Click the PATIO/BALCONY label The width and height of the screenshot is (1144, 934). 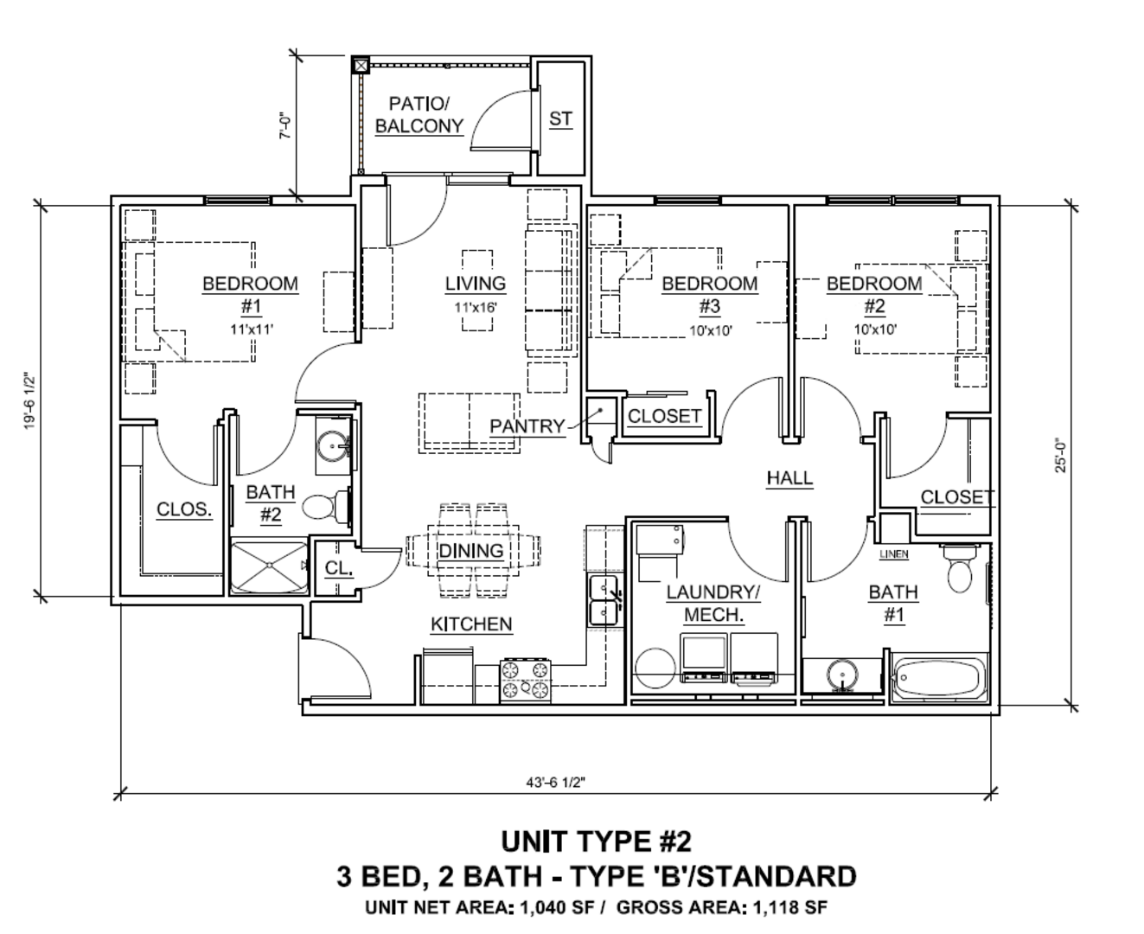coord(419,114)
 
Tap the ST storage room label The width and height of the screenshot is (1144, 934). coord(560,118)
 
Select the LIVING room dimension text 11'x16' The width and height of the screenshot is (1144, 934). coord(476,308)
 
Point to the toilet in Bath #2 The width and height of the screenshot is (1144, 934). coord(326,506)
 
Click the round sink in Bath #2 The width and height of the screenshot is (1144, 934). coord(333,446)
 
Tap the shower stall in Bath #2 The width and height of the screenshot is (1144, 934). coord(270,566)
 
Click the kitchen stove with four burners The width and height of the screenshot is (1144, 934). coord(525,681)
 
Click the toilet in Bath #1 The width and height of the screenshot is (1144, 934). coord(960,568)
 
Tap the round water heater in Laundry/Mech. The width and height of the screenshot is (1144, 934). coord(655,669)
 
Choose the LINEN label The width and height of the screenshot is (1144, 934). coord(893,553)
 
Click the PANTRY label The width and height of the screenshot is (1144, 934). coord(527,426)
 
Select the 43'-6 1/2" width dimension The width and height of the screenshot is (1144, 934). coord(556,782)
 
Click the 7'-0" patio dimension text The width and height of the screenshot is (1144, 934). coord(284,126)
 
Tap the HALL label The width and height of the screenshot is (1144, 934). coord(789,478)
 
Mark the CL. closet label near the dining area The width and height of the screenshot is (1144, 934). coord(338,568)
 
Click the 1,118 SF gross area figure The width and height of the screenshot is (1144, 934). coord(790,907)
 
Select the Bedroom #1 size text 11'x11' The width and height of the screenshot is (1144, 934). coord(251,329)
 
